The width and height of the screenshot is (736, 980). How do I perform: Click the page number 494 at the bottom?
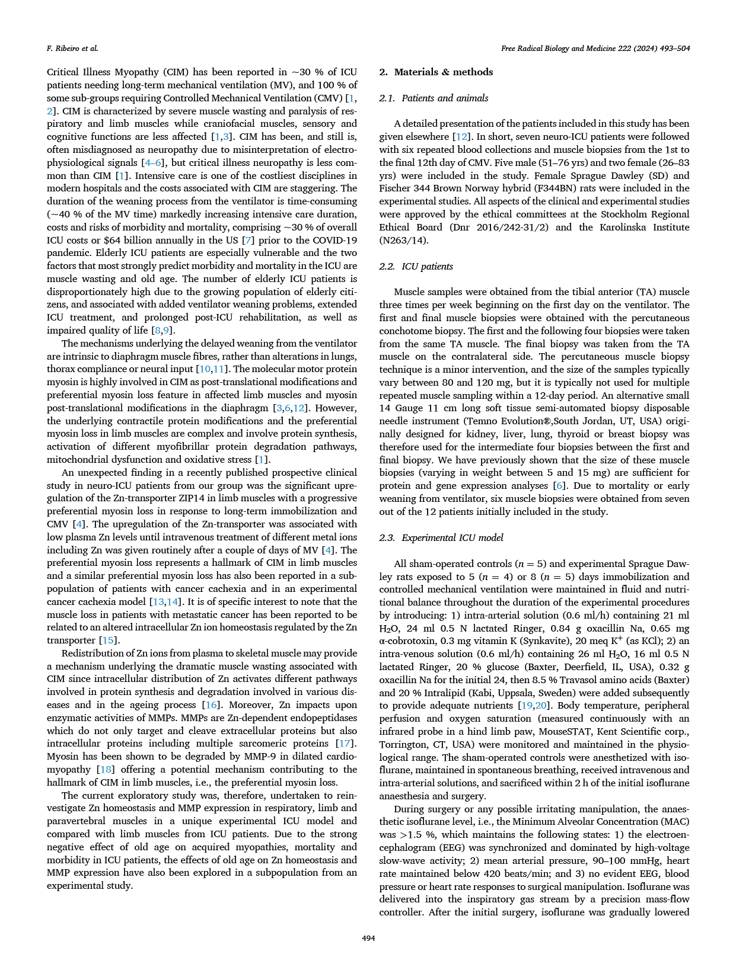[368, 937]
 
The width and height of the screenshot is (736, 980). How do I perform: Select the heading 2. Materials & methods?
[436, 72]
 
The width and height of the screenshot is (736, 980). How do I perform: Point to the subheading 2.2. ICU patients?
[416, 267]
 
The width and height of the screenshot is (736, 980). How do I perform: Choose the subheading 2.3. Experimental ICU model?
[441, 538]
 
